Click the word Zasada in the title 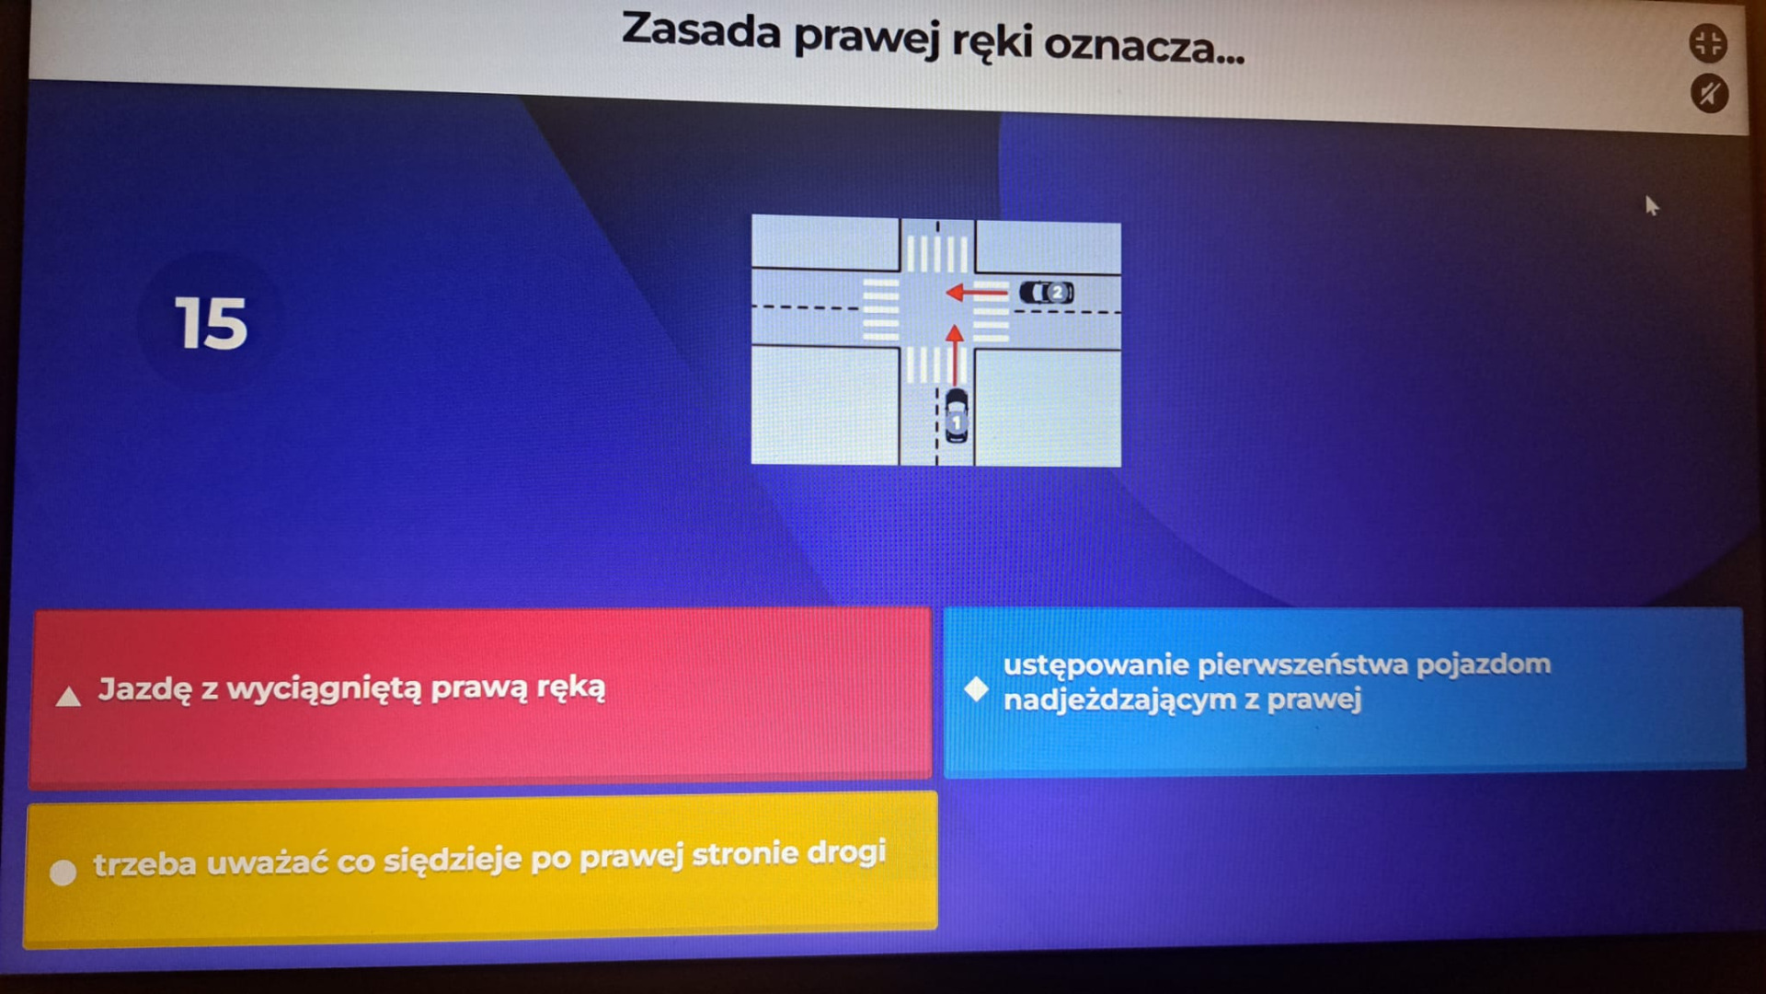701,30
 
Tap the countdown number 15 211,323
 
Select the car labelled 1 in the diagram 957,416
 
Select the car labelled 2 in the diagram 1047,292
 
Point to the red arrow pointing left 977,293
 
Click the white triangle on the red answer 68,696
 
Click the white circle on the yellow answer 63,873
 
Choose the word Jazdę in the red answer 145,689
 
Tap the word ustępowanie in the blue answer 1095,665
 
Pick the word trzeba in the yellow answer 144,864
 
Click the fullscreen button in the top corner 1708,43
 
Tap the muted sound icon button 1709,94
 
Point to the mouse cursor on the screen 1652,205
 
